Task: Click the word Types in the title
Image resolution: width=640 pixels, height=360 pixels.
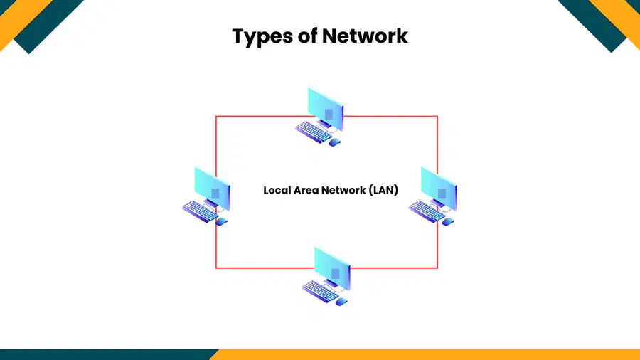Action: click(x=262, y=37)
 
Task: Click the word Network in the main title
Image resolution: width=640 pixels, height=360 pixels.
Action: click(x=365, y=36)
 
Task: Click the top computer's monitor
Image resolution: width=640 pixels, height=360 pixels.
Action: click(x=326, y=109)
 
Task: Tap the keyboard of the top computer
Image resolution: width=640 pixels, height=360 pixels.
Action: click(x=314, y=132)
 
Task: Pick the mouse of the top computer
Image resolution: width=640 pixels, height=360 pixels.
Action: click(x=335, y=142)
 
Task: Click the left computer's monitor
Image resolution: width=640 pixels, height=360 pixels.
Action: click(x=213, y=188)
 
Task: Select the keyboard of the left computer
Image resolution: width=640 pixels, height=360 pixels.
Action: click(x=201, y=211)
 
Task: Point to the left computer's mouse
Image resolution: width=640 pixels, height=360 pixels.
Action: click(x=222, y=222)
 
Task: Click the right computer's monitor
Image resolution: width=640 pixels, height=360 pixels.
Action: click(x=439, y=188)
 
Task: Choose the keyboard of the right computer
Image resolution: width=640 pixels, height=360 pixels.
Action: click(x=427, y=211)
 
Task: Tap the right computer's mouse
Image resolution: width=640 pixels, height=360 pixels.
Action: click(x=448, y=222)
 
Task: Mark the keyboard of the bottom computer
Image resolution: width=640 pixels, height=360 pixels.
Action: click(x=321, y=292)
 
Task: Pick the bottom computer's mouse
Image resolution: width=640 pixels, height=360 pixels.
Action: click(x=341, y=302)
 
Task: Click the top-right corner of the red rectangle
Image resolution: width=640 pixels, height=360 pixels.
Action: click(x=437, y=117)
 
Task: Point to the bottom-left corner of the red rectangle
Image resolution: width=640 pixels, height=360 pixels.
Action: click(x=216, y=268)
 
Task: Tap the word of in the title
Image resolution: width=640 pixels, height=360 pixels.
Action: click(x=308, y=36)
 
